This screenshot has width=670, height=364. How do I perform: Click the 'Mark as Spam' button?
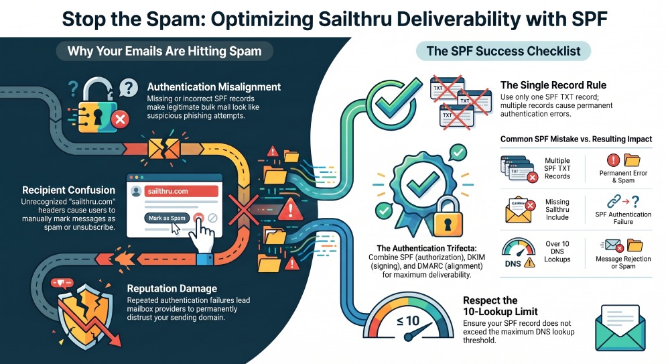click(167, 218)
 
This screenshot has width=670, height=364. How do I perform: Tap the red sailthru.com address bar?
click(181, 191)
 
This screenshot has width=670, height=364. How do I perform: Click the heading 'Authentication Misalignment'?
click(214, 87)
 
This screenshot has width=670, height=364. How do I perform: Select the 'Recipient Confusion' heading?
click(69, 190)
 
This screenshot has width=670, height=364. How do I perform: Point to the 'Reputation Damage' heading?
click(172, 288)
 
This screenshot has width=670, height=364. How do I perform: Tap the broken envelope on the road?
click(164, 148)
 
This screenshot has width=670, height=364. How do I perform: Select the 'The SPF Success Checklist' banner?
click(503, 51)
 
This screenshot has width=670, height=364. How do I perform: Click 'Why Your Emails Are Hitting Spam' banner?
click(165, 52)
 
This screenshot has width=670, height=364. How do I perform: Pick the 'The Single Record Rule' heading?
click(553, 85)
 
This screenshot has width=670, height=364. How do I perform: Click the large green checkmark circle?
click(394, 102)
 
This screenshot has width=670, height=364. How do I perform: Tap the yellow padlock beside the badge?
click(448, 217)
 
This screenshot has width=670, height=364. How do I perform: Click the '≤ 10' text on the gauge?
click(408, 321)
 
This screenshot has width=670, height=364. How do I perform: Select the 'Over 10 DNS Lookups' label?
click(557, 251)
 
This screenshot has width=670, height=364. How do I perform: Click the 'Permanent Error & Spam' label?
click(623, 177)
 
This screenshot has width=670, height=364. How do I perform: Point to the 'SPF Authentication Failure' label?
click(623, 218)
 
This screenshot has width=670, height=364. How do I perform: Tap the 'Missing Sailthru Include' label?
click(557, 210)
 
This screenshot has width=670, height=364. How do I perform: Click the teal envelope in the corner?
click(620, 327)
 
